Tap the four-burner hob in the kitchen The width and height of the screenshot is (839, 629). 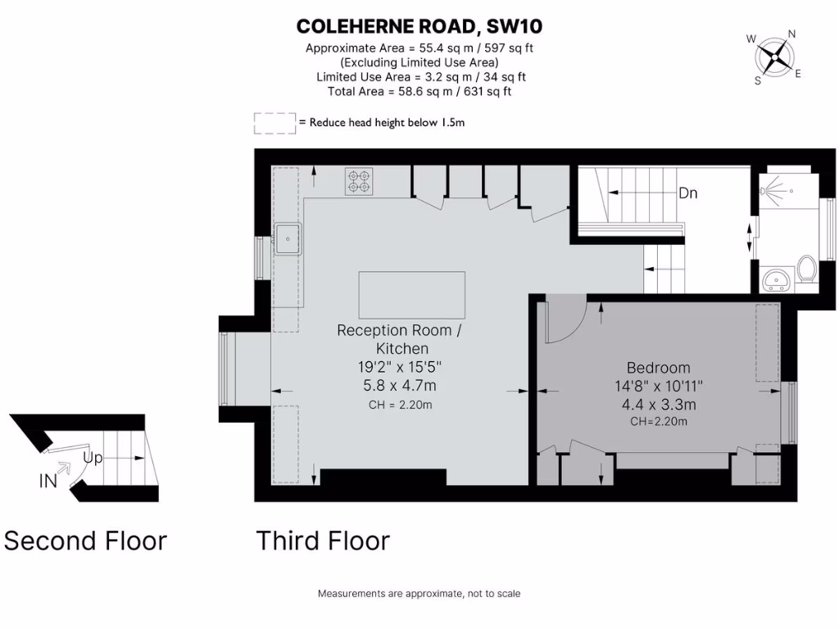tap(359, 181)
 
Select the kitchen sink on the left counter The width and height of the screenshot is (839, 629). tap(287, 238)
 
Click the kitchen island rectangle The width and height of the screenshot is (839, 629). tap(411, 295)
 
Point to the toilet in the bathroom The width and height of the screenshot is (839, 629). tap(806, 270)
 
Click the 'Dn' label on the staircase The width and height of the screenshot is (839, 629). tap(687, 194)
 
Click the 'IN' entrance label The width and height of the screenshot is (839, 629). tap(48, 481)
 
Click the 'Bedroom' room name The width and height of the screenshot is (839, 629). tap(658, 368)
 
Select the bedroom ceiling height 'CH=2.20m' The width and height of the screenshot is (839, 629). tap(658, 422)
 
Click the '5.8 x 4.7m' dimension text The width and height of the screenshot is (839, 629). tap(399, 385)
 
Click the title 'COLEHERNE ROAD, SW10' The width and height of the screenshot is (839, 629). tap(419, 27)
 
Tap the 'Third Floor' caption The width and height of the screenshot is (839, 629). tap(322, 541)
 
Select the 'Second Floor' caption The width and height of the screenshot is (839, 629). tap(85, 541)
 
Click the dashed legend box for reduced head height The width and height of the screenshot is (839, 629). tap(274, 123)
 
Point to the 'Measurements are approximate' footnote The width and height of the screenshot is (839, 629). tap(419, 594)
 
